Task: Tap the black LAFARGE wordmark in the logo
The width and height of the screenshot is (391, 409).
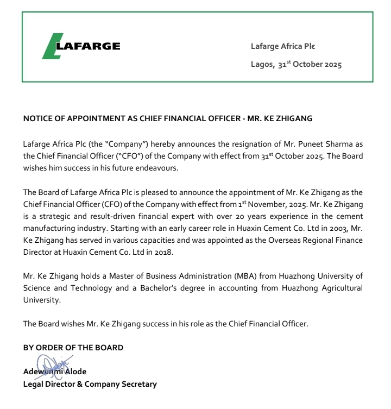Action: (89, 46)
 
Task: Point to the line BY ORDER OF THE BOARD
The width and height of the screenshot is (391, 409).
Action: (73, 348)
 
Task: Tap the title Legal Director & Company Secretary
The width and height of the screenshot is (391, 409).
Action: (90, 385)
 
